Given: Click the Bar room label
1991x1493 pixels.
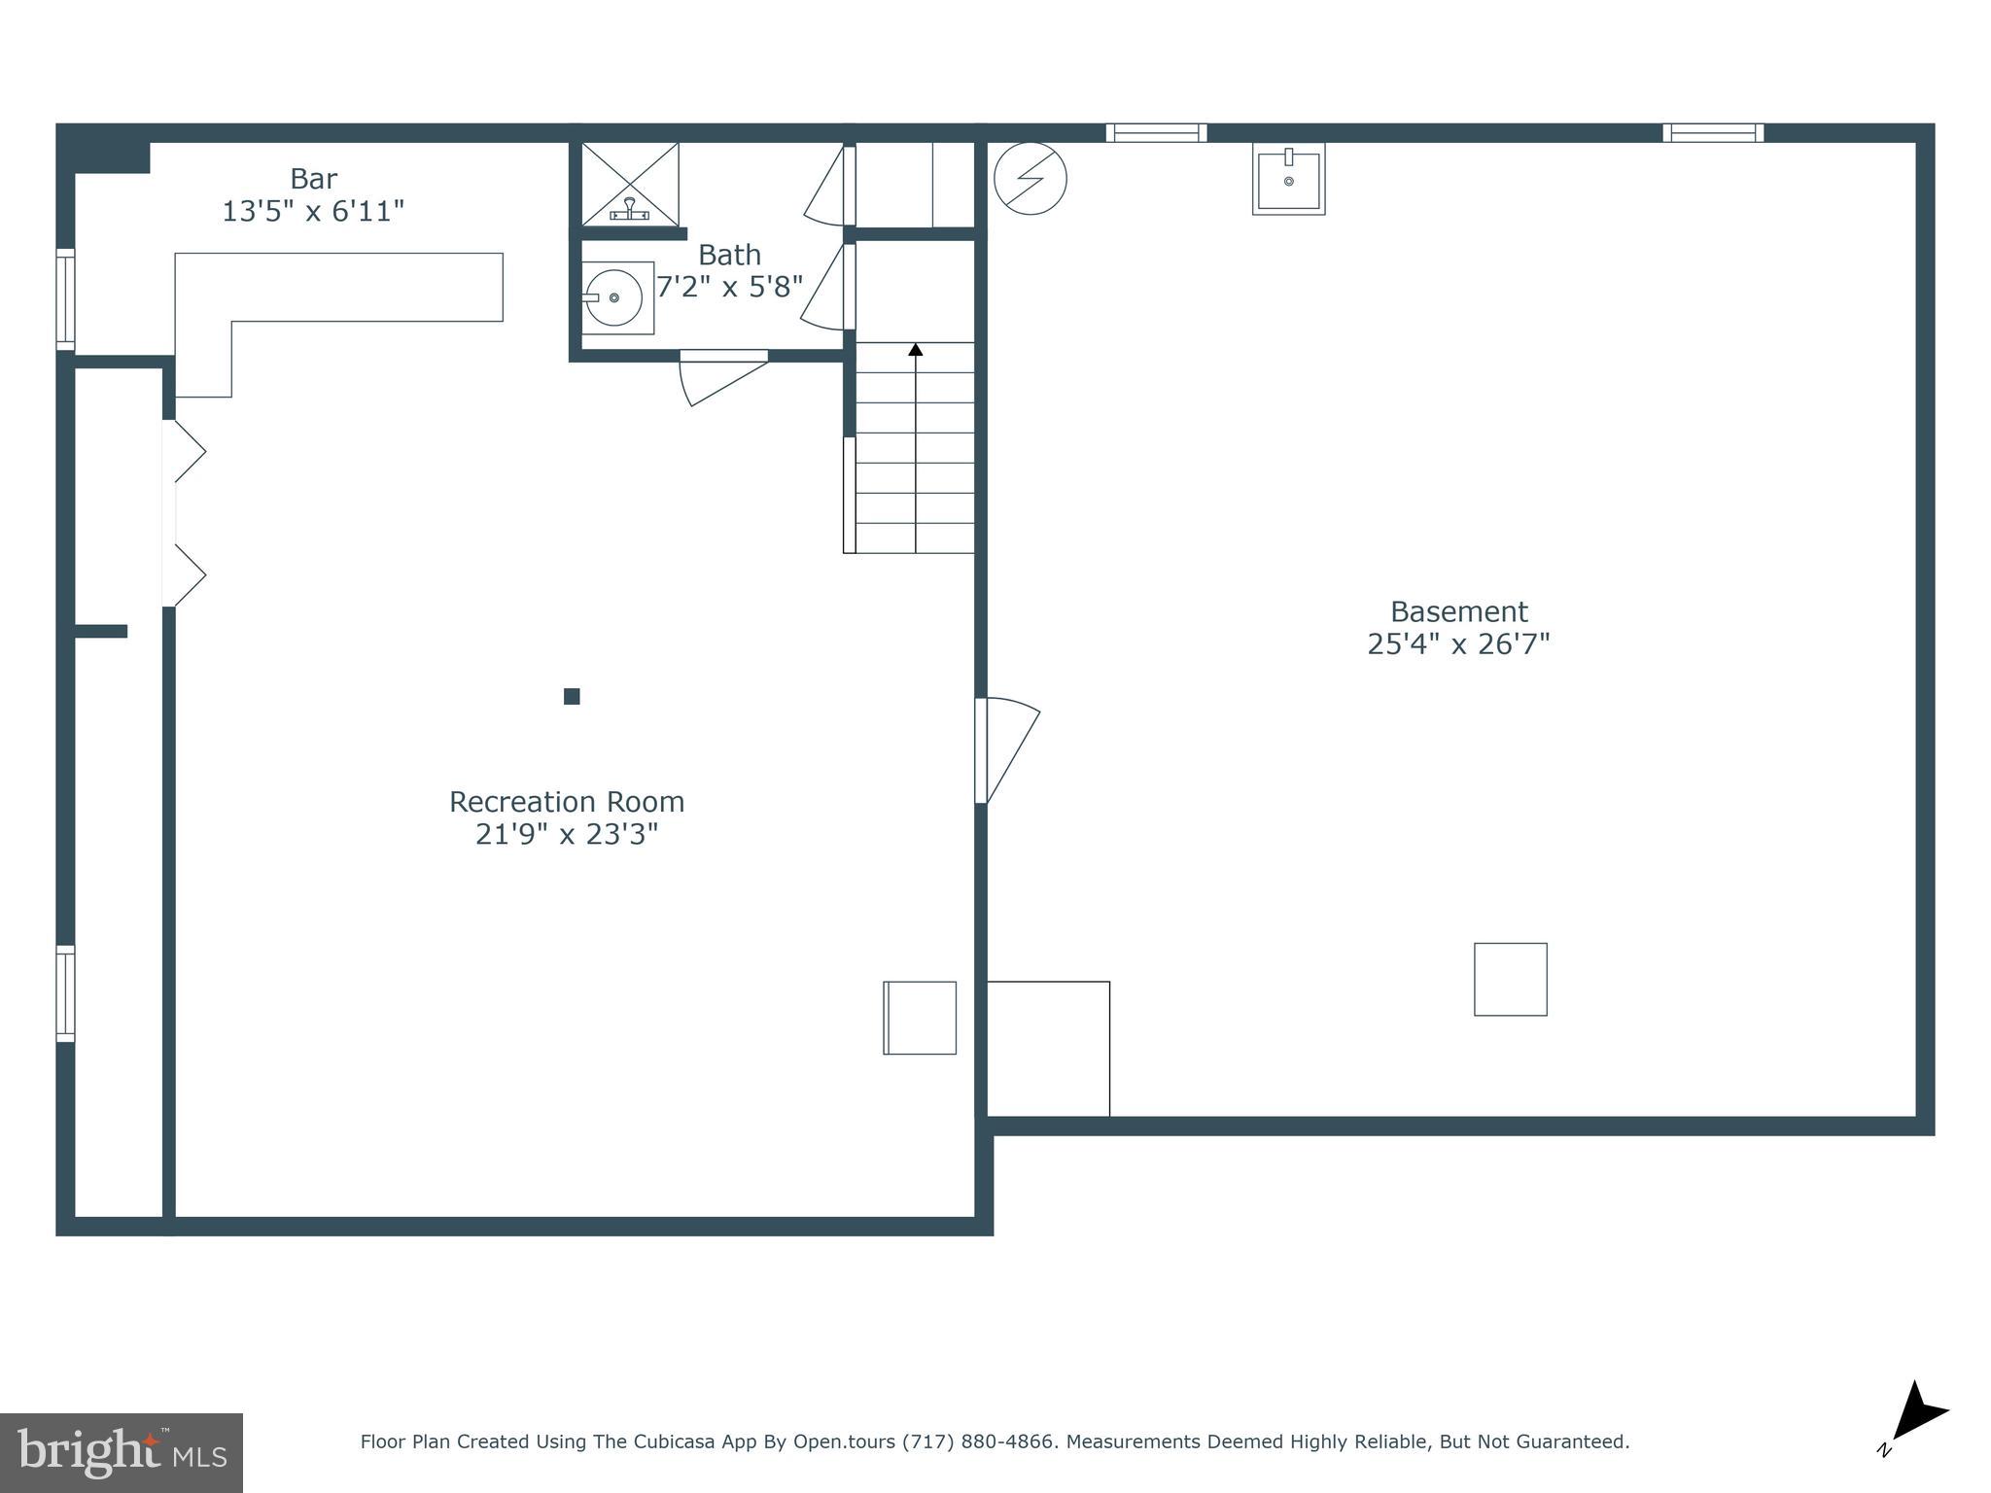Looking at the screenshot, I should (313, 179).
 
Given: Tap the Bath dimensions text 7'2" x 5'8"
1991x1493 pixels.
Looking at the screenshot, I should (729, 287).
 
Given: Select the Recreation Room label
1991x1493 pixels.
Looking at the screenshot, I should (567, 802).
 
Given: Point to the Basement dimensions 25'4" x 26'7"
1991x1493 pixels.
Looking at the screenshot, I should (1458, 644).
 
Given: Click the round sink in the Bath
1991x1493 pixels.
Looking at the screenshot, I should (614, 297).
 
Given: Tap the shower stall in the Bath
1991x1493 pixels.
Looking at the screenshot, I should (630, 184).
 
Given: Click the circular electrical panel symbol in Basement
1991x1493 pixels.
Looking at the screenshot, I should (1030, 179).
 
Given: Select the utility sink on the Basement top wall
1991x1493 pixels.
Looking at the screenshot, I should (1288, 179).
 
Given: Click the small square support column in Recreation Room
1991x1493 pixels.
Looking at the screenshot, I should (572, 696).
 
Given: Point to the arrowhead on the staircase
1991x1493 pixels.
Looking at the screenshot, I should (916, 349).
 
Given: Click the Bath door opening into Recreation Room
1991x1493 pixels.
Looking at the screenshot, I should (723, 374).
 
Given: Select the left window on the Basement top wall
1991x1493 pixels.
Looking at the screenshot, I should (1156, 133).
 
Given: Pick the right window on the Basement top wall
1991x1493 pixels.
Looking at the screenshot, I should (1713, 133).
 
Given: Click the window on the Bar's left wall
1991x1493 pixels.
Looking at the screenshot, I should (65, 299).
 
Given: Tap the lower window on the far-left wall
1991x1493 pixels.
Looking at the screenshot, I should (65, 993).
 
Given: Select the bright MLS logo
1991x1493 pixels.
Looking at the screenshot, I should (122, 1453).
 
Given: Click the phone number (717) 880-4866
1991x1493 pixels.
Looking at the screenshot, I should (978, 1441).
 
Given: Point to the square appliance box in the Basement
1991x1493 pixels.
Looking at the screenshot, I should (1510, 979).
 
